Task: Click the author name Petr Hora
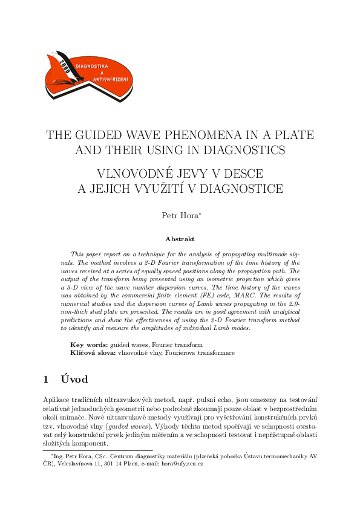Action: [x=179, y=215]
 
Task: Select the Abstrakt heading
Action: [x=180, y=239]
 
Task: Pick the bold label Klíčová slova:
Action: [x=93, y=352]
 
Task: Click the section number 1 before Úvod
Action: [x=46, y=380]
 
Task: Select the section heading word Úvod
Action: [x=74, y=380]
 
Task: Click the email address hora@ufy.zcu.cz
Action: [x=182, y=464]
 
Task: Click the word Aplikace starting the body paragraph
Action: [x=57, y=400]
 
